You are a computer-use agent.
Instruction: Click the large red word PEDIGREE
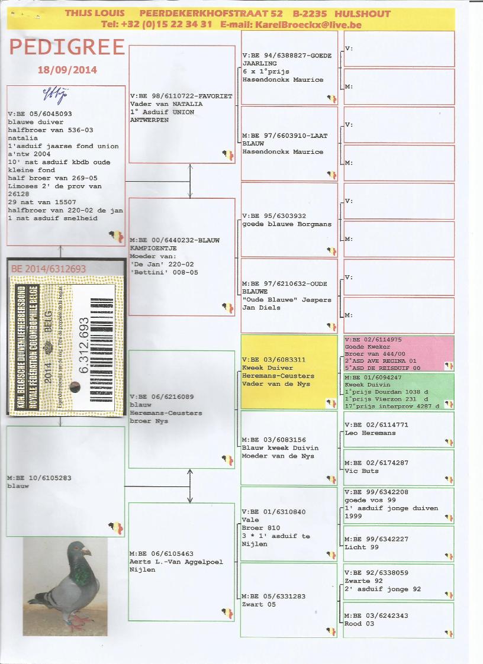[x=67, y=47]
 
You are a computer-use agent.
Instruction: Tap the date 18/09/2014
[x=67, y=70]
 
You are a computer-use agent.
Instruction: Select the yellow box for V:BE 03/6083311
[x=288, y=372]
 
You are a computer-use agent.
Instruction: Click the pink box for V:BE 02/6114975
[x=398, y=353]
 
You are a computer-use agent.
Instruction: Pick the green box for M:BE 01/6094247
[x=398, y=391]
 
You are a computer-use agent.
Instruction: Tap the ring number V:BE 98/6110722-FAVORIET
[x=181, y=96]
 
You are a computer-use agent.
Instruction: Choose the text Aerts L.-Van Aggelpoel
[x=176, y=562]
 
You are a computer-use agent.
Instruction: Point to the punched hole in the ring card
[x=73, y=388]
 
